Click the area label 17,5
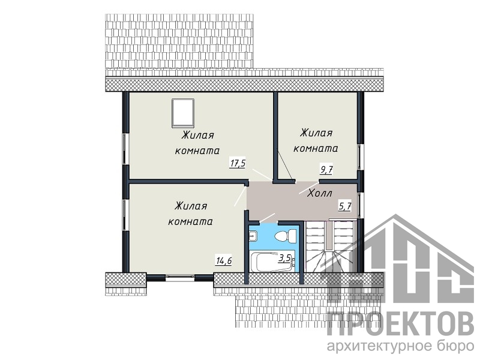coord(238,163)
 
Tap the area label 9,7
coord(326,169)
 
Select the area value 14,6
coord(224,261)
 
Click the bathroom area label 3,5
coord(284,258)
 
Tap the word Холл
coord(320,193)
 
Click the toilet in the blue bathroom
coord(285,236)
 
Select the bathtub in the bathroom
coord(272,261)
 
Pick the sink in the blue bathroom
coord(253,236)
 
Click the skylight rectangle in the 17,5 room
coord(183,113)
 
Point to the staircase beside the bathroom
coord(331,247)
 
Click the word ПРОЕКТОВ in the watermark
coord(401,323)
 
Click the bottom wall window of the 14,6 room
coord(180,277)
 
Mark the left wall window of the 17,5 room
coord(125,149)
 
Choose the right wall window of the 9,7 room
coord(361,157)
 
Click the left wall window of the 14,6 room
coord(125,215)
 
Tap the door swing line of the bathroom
coord(267,217)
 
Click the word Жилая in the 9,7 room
coord(316,133)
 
